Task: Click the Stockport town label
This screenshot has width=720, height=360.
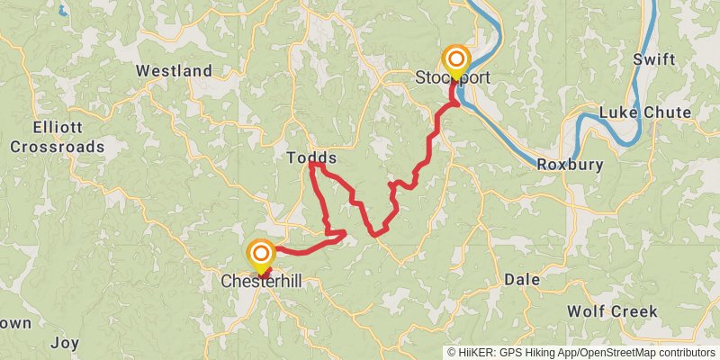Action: point(453,78)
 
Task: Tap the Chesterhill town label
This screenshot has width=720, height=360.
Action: point(261,282)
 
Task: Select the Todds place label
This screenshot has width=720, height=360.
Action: point(311,157)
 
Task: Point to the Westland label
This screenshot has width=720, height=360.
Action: point(174,70)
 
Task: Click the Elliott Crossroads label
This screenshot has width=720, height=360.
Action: point(57,137)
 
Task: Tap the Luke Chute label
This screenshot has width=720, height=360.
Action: point(645,112)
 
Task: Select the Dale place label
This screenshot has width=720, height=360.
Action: point(522,279)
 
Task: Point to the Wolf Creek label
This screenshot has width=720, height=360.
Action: point(612,311)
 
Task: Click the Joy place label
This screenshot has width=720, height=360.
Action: point(65,342)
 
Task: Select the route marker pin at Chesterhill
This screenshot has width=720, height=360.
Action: point(261,255)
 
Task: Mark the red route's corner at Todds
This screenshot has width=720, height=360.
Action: point(311,165)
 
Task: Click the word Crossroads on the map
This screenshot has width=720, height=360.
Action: point(57,146)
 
